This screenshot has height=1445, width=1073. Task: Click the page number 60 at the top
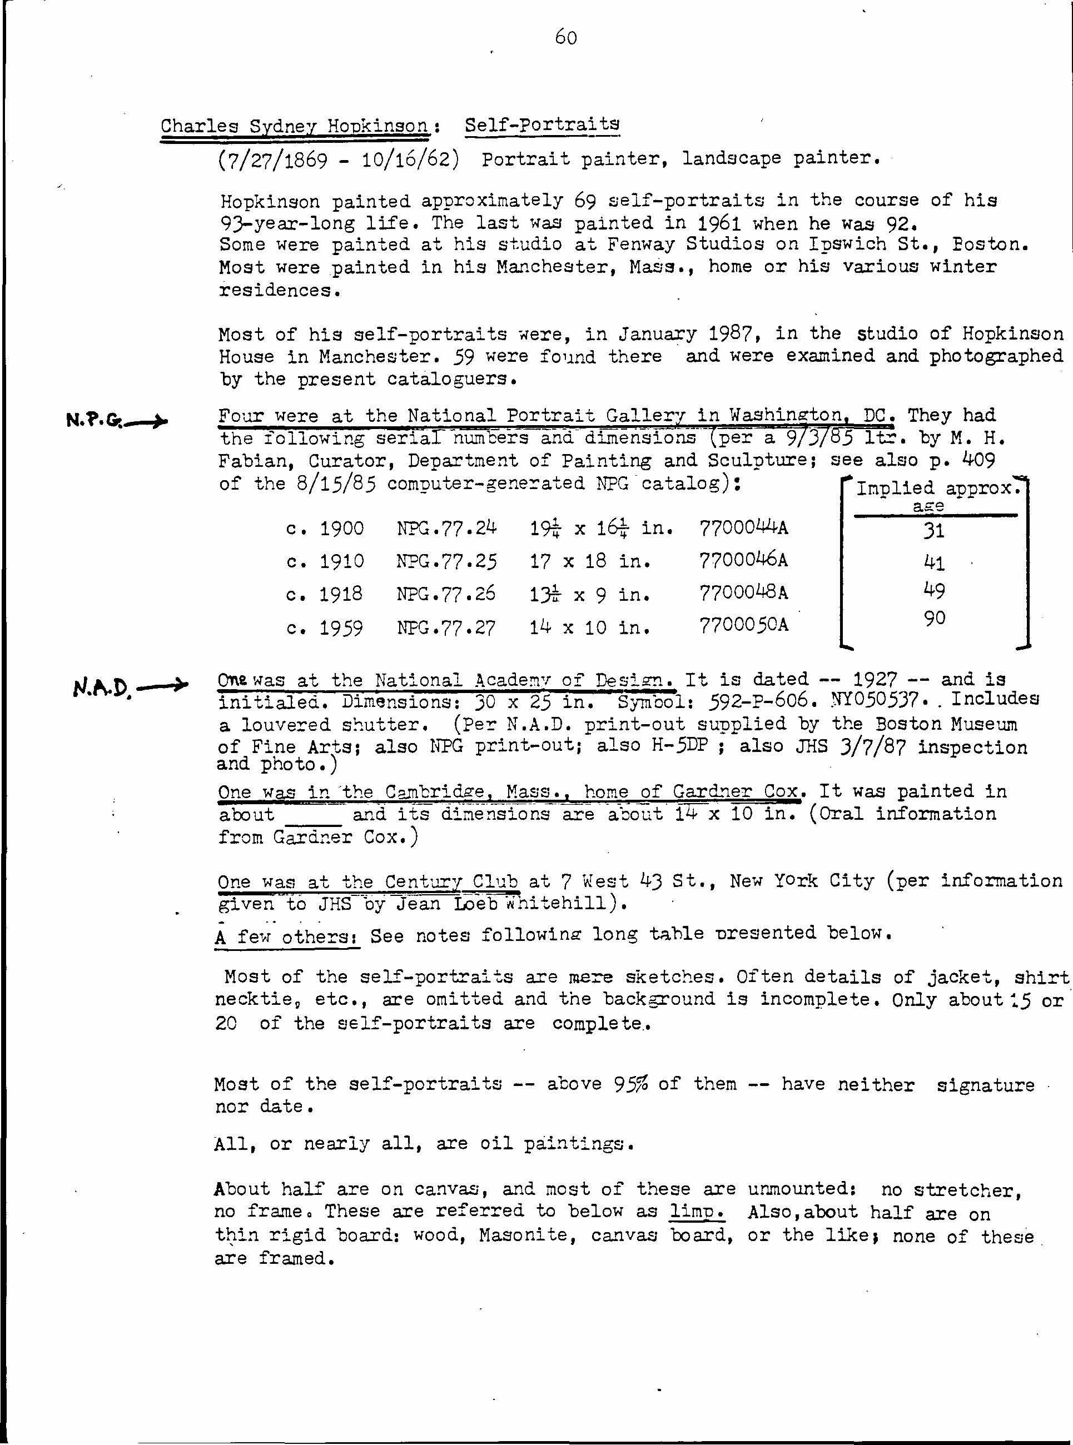tap(566, 38)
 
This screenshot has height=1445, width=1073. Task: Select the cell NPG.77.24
tap(446, 528)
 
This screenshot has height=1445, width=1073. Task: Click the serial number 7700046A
tap(744, 560)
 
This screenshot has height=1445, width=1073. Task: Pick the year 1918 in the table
tap(342, 594)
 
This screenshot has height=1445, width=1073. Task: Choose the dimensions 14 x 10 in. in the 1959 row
tap(590, 627)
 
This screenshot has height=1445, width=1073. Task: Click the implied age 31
tap(933, 531)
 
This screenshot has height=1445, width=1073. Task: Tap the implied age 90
tap(934, 618)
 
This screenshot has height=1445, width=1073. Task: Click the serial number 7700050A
tap(744, 625)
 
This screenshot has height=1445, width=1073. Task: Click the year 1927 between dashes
tap(875, 679)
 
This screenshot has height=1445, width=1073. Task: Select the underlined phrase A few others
tap(286, 936)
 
